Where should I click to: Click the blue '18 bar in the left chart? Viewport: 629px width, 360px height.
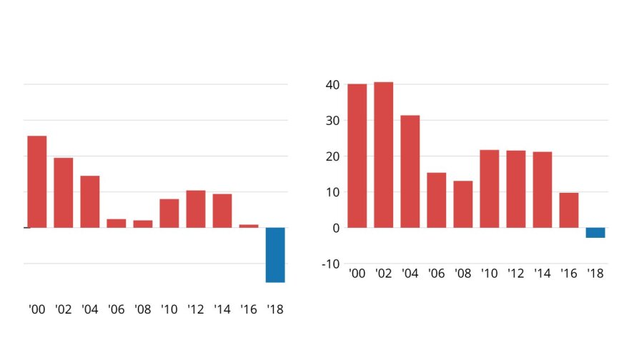pyautogui.click(x=275, y=254)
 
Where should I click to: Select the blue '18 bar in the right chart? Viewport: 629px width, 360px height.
pyautogui.click(x=595, y=233)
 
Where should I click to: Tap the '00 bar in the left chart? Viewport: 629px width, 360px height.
pyautogui.click(x=37, y=181)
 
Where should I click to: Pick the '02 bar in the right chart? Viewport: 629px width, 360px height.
pyautogui.click(x=383, y=155)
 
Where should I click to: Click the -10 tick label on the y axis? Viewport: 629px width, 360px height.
pyautogui.click(x=330, y=264)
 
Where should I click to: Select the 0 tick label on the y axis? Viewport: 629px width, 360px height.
pyautogui.click(x=335, y=228)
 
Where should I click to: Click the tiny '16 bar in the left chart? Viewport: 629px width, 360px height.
pyautogui.click(x=249, y=226)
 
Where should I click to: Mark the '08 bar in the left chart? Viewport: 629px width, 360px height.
pyautogui.click(x=143, y=224)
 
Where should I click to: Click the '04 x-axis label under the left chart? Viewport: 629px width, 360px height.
pyautogui.click(x=90, y=310)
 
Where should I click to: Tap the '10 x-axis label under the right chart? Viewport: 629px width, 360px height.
pyautogui.click(x=490, y=274)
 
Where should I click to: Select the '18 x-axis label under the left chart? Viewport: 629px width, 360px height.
pyautogui.click(x=275, y=310)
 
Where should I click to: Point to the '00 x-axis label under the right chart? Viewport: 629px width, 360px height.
pyautogui.click(x=357, y=274)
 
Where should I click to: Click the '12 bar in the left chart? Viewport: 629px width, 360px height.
pyautogui.click(x=196, y=209)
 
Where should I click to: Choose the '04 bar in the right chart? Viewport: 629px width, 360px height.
pyautogui.click(x=410, y=171)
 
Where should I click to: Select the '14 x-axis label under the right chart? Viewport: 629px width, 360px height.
pyautogui.click(x=543, y=274)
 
